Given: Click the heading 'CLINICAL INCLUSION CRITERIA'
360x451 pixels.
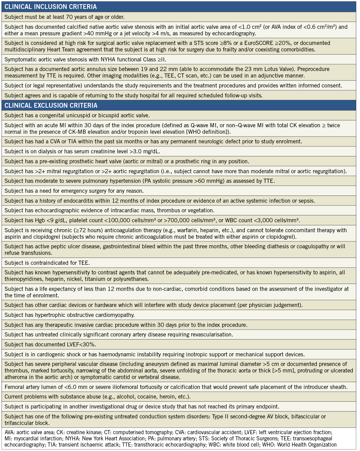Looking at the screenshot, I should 50,7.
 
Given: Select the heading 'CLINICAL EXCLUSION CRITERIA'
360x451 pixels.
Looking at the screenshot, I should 51,105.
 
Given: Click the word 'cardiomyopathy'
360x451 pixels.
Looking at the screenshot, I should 115,315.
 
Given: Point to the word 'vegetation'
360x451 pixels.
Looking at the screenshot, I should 200,210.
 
